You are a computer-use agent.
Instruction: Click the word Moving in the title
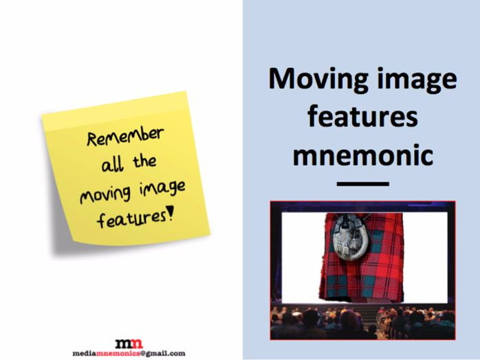pyautogui.click(x=318, y=79)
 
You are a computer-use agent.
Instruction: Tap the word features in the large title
pyautogui.click(x=363, y=117)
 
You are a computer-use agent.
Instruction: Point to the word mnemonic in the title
pyautogui.click(x=363, y=155)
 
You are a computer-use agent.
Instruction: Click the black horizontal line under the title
pyautogui.click(x=363, y=184)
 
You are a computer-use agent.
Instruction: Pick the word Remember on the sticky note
pyautogui.click(x=125, y=137)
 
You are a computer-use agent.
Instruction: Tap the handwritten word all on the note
pyautogui.click(x=113, y=164)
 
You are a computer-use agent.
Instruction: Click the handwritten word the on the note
pyautogui.click(x=144, y=161)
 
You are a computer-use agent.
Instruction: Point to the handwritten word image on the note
pyautogui.click(x=162, y=189)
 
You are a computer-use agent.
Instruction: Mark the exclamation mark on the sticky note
pyautogui.click(x=171, y=212)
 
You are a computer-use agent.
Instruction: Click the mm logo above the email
pyautogui.click(x=129, y=344)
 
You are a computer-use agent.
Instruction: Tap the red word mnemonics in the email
pyautogui.click(x=118, y=353)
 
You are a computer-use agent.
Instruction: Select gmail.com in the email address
pyautogui.click(x=165, y=353)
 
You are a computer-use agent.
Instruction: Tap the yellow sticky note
pyautogui.click(x=126, y=169)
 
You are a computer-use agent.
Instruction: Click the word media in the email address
pyautogui.click(x=85, y=353)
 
